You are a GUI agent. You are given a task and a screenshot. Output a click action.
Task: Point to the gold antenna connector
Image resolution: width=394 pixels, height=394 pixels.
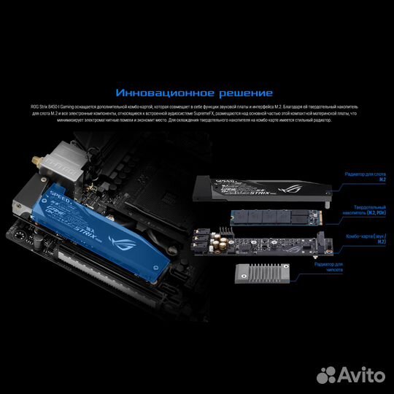coord(33,157)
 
